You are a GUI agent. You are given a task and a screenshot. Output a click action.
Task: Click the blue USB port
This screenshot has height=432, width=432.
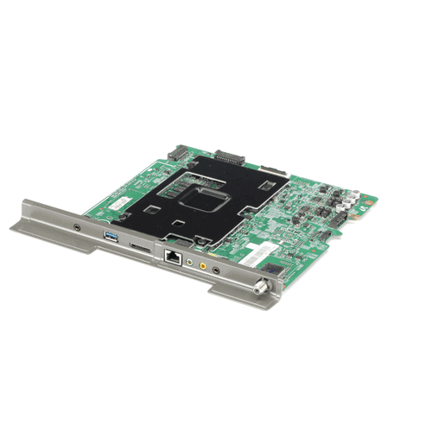click(111, 236)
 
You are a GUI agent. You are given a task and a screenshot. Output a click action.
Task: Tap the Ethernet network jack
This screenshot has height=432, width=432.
click(171, 256)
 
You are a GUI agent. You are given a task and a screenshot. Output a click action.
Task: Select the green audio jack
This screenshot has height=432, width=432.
click(189, 260)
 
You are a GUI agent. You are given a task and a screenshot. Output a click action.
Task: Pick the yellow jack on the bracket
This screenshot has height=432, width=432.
click(204, 265)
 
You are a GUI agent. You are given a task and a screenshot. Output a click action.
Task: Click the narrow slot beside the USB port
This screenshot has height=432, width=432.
click(138, 245)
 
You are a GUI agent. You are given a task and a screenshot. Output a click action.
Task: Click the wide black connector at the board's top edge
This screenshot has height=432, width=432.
click(226, 158)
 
